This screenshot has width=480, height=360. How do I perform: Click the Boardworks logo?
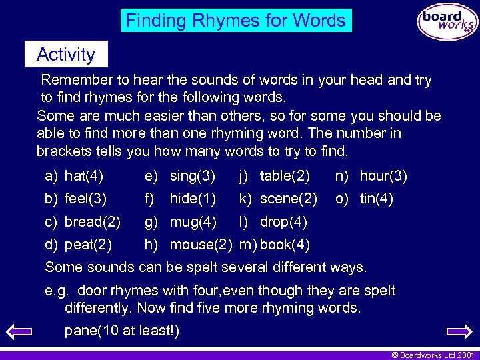[447, 21]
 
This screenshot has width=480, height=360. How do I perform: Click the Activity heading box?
[65, 54]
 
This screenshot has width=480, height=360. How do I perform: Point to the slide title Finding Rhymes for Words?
[236, 21]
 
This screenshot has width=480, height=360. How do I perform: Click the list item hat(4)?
[84, 177]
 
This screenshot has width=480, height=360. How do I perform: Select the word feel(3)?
[85, 199]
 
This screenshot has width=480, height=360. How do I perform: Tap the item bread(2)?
[92, 221]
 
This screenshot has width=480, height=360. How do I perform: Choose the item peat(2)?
[88, 244]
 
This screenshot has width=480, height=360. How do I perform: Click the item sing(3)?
[193, 177]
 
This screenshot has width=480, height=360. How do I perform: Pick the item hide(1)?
[193, 199]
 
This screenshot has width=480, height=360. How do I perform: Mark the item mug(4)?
[193, 221]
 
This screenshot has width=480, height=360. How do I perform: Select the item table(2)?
[285, 177]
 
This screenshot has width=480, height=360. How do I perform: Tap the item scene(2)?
[288, 199]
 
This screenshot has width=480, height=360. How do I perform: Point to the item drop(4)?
[283, 221]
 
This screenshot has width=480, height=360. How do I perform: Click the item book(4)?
[285, 244]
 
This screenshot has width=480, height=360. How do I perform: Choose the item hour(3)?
[383, 177]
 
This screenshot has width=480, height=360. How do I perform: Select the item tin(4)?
[377, 199]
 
